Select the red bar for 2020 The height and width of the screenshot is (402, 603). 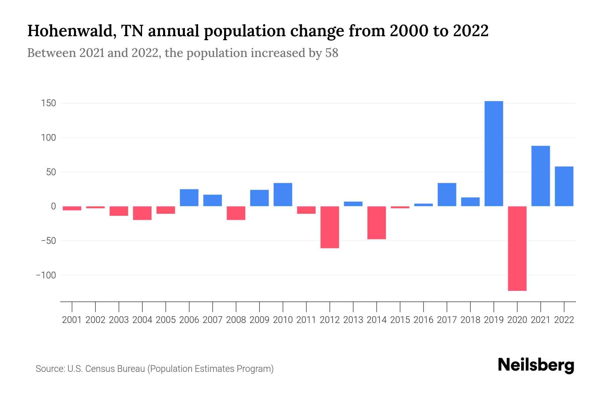[x=517, y=248]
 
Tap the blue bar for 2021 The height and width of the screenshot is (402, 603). [x=540, y=176]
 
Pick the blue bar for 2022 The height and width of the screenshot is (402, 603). [x=564, y=186]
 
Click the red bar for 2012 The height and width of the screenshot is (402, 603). [x=330, y=227]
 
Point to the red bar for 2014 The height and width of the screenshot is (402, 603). [x=377, y=222]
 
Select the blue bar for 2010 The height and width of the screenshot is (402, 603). [x=283, y=194]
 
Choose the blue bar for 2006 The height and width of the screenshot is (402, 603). [x=189, y=198]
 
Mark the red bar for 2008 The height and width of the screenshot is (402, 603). [x=236, y=213]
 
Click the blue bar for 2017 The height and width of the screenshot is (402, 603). [x=447, y=194]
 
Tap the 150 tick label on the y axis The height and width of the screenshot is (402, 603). [x=48, y=103]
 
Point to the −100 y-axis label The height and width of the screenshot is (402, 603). [x=46, y=275]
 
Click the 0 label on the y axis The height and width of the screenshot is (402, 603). [x=53, y=206]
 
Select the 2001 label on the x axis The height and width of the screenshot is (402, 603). [x=72, y=320]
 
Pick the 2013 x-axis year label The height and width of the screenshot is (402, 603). [x=353, y=320]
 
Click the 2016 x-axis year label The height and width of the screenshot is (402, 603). [x=423, y=320]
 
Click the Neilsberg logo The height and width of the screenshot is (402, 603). [x=536, y=365]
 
